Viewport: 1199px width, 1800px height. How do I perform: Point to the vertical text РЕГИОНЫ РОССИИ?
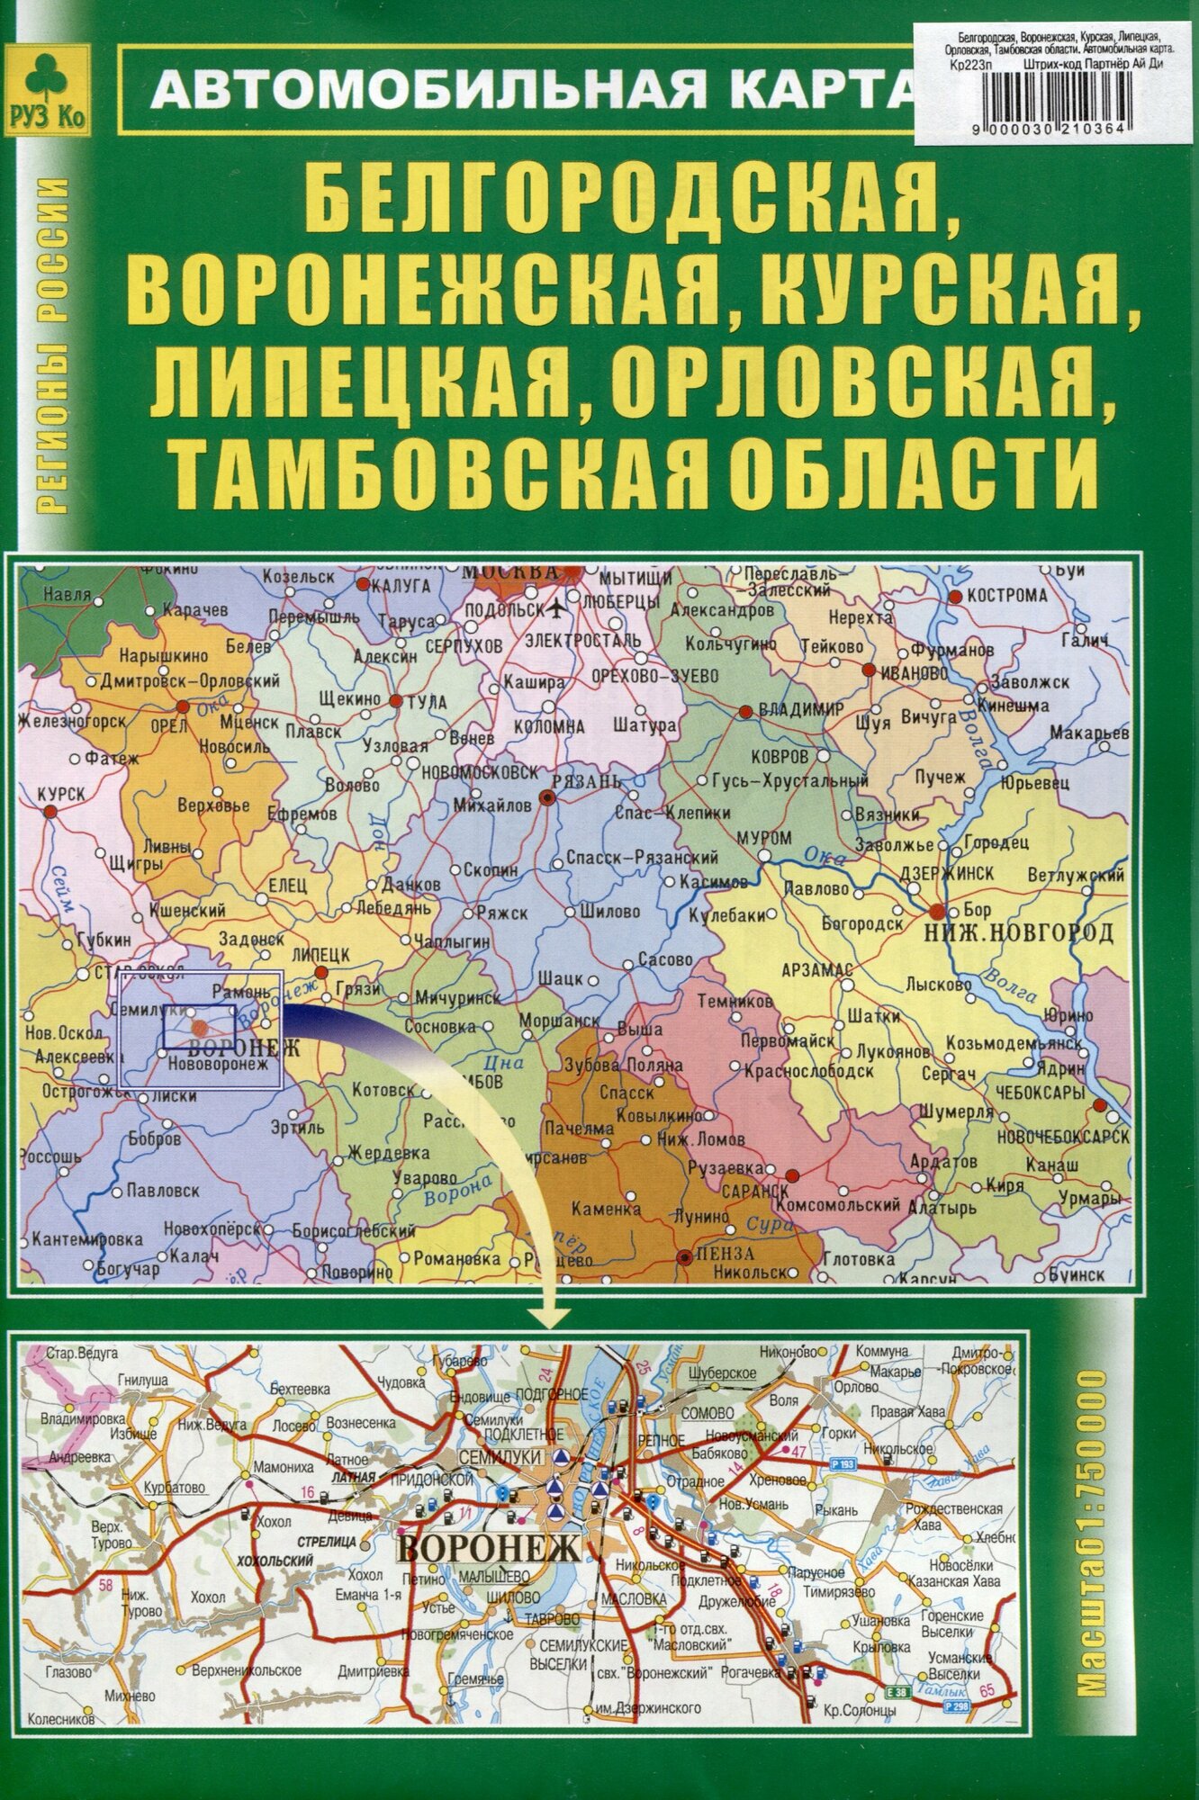coord(57,347)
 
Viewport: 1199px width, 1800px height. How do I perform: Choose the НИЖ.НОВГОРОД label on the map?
coord(1018,932)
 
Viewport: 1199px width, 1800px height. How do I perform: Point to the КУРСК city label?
coord(61,792)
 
